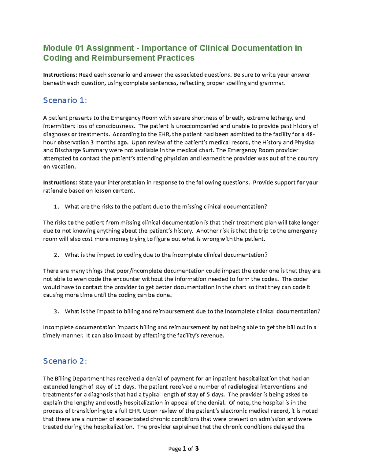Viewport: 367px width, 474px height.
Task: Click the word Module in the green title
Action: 58,48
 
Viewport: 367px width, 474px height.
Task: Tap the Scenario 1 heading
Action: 65,100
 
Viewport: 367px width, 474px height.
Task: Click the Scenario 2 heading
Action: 65,361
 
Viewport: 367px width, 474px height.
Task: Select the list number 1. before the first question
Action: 56,207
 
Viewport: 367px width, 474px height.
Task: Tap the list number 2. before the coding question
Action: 56,255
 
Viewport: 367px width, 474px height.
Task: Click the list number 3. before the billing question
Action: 56,311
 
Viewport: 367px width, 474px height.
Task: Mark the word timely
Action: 52,336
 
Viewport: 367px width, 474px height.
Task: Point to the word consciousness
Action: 115,126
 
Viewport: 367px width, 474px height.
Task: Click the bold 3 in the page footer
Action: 197,448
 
